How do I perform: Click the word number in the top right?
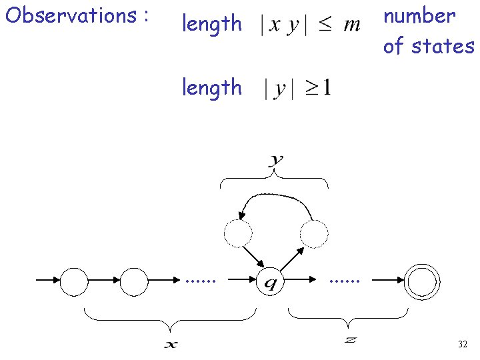tap(419, 15)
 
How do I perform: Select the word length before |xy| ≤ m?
tap(212, 24)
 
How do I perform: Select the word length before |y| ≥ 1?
tap(212, 87)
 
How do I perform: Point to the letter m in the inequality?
tap(351, 25)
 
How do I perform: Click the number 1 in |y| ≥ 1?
tap(326, 87)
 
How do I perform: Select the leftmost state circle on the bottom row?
tap(74, 281)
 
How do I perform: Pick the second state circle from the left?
tap(134, 281)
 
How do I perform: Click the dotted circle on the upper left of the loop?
tap(238, 233)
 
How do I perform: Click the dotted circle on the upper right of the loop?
tap(314, 233)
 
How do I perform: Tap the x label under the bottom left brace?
tap(171, 345)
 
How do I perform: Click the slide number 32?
tap(463, 345)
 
